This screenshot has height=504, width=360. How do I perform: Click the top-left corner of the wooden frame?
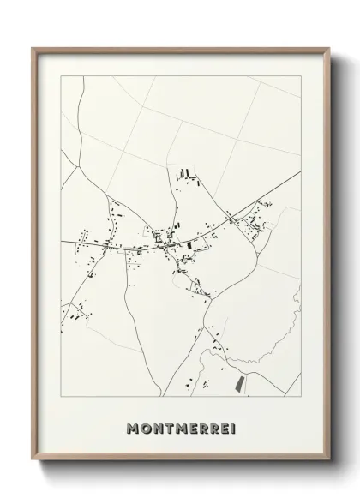tap(33, 48)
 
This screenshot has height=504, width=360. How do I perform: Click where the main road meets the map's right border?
tap(301, 172)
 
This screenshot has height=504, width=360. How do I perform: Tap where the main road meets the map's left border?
tap(62, 243)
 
